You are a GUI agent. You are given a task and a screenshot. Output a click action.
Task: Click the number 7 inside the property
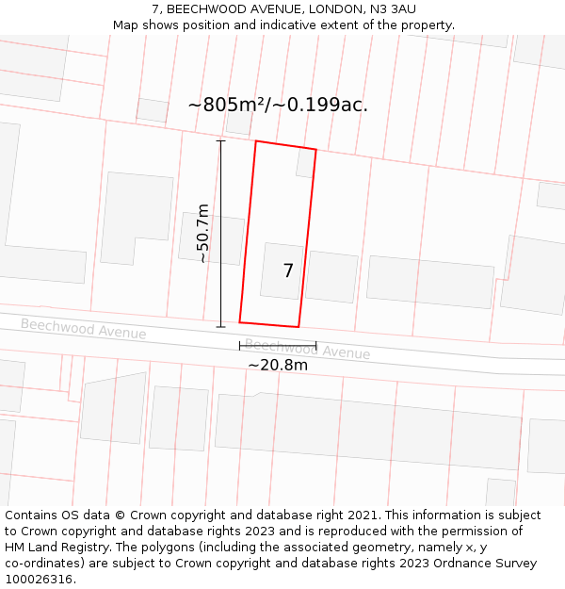[x=288, y=271]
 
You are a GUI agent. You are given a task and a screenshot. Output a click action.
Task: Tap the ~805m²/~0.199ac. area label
[x=278, y=105]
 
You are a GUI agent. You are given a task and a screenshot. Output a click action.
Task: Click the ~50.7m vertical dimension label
[x=202, y=233]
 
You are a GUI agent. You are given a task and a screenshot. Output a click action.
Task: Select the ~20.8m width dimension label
[x=278, y=365]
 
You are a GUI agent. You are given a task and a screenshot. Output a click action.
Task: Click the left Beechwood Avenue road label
[x=83, y=329]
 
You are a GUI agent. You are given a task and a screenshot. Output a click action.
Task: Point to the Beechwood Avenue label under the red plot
[x=307, y=350]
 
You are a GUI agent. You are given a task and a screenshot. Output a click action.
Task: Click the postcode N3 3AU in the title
[x=392, y=9]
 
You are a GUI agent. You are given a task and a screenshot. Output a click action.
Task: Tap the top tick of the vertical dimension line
[x=221, y=141]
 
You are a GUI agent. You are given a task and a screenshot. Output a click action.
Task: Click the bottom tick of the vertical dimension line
[x=221, y=327]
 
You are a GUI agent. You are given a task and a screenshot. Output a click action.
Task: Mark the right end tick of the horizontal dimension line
[x=316, y=346]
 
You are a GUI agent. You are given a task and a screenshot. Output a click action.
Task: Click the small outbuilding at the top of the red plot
[x=305, y=164]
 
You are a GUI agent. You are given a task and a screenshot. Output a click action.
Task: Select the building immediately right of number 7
[x=331, y=277]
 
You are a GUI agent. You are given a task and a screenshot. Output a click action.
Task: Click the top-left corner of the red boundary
[x=256, y=141]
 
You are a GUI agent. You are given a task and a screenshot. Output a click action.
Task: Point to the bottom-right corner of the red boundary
[x=299, y=327]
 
